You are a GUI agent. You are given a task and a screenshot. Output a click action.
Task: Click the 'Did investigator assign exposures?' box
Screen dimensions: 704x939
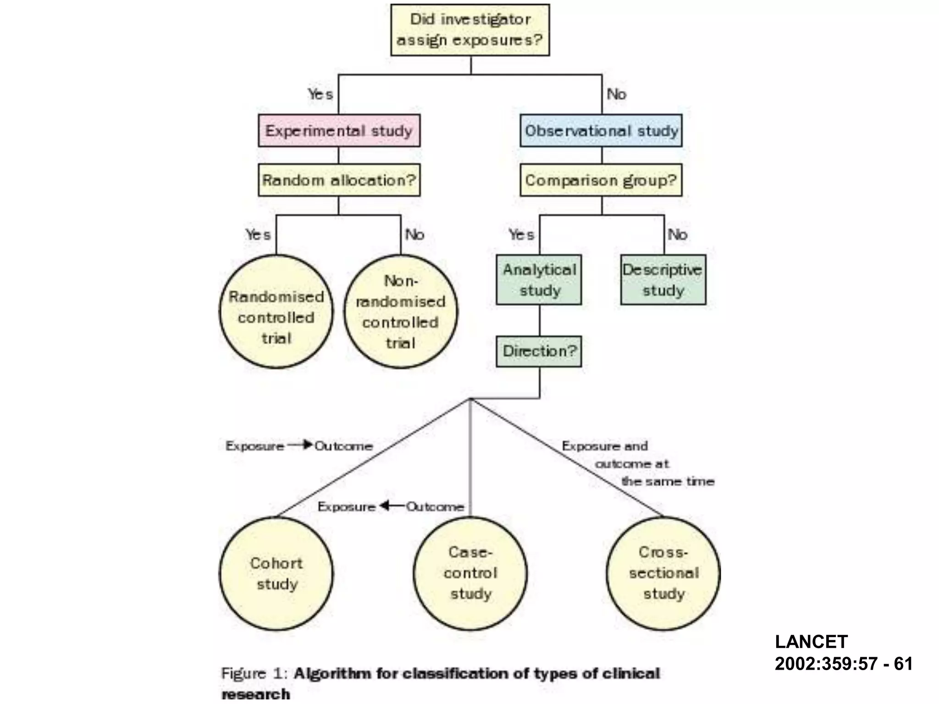point(470,30)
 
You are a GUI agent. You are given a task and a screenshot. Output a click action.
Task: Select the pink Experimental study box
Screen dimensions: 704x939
point(339,131)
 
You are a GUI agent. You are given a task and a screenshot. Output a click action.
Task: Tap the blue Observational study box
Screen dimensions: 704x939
point(601,131)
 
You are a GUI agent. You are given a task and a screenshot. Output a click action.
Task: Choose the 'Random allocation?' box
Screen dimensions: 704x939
point(339,180)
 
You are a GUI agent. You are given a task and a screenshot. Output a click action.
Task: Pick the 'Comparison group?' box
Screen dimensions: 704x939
point(601,180)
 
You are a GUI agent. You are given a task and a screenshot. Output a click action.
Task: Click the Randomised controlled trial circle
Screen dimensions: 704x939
point(276,312)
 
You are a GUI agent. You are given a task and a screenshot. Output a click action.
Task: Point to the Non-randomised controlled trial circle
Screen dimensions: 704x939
point(401,312)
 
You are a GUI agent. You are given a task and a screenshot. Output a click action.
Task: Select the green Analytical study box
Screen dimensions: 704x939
point(539,280)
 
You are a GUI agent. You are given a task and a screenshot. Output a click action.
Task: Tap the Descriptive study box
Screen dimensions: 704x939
point(663,280)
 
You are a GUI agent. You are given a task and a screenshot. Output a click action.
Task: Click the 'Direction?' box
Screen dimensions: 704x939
point(539,351)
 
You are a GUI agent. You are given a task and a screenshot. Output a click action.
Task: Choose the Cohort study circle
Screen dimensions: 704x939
point(276,573)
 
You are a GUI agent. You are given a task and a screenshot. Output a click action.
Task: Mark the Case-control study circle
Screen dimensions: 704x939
point(470,573)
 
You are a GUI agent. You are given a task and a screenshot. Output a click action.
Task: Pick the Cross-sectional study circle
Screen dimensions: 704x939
point(663,573)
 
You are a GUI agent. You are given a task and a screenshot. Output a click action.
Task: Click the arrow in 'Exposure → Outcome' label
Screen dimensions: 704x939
point(300,445)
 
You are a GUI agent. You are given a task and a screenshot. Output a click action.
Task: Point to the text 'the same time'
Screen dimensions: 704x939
point(668,481)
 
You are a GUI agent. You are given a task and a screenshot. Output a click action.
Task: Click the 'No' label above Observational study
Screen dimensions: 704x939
point(616,94)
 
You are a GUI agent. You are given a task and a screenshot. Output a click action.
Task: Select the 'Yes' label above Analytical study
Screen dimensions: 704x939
point(521,235)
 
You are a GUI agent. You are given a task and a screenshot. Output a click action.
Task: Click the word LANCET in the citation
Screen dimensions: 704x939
point(811,642)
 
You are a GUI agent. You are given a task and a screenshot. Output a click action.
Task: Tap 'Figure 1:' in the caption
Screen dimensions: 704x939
point(254,673)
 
